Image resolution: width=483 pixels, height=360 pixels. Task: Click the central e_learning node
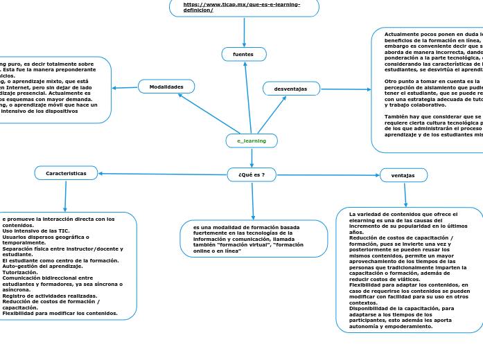point(252,141)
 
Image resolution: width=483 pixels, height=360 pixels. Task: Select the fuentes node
point(244,54)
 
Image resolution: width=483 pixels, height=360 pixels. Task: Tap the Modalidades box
point(166,87)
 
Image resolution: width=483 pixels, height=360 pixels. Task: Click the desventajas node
point(291,89)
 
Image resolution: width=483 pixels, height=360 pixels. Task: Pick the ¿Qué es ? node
point(252,174)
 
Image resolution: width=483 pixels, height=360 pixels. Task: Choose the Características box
point(66,173)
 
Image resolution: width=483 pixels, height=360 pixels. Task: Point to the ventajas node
point(403,175)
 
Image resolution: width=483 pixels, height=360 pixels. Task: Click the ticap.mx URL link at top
point(242,7)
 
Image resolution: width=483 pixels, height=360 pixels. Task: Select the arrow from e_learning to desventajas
point(272,114)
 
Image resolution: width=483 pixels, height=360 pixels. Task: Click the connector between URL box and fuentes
point(245,32)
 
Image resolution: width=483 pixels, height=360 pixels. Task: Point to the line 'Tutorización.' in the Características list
point(20,272)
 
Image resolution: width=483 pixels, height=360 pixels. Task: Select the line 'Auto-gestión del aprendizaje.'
point(42,266)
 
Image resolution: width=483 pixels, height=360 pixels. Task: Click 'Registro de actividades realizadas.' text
point(49,296)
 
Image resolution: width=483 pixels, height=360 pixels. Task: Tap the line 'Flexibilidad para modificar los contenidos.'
point(60,313)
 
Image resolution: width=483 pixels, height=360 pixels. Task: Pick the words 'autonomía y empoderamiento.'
point(392,325)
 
